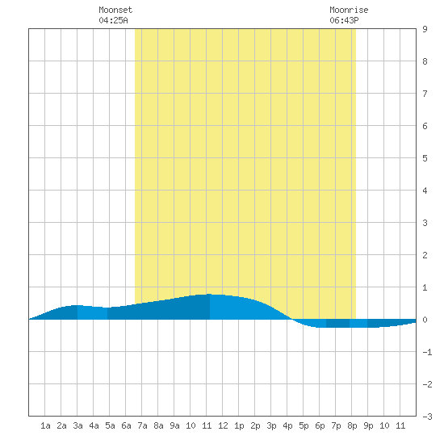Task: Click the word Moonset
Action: tap(115, 10)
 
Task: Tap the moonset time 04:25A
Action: tap(113, 20)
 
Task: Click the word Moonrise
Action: tap(349, 10)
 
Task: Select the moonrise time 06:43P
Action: tap(344, 20)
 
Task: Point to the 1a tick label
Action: tap(45, 425)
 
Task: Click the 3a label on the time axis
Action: tap(77, 425)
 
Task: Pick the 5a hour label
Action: tap(110, 425)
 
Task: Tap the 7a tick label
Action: tap(142, 425)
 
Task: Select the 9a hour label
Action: tap(174, 425)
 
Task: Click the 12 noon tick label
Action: tap(223, 425)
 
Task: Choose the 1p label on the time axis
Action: tap(239, 426)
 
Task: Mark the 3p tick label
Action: tap(271, 426)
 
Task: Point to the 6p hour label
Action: tap(320, 426)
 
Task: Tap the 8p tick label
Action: tap(352, 426)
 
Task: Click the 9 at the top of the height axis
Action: tap(425, 29)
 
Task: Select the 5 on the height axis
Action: tap(425, 158)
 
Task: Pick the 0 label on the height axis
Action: tap(425, 320)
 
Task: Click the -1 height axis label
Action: tap(427, 352)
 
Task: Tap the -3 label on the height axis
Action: tap(427, 417)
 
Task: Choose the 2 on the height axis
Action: tap(425, 255)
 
